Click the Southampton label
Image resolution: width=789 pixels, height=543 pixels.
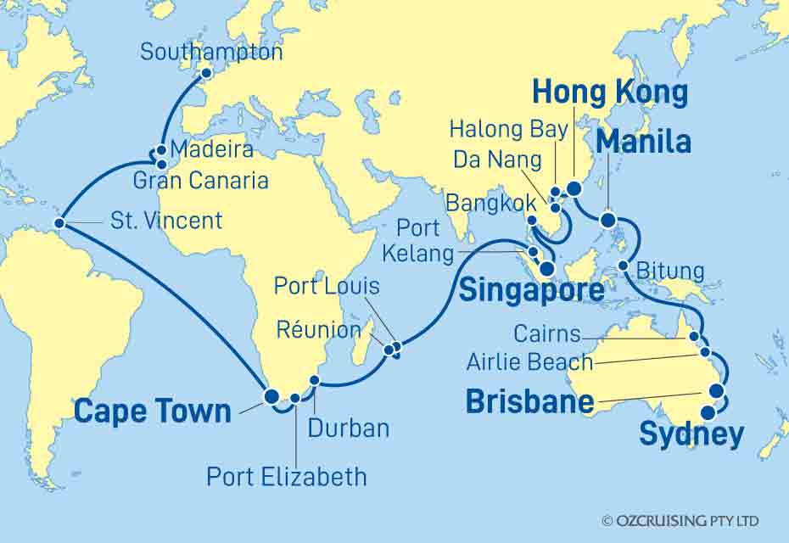pyautogui.click(x=211, y=52)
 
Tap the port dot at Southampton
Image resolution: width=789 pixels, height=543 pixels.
pyautogui.click(x=205, y=74)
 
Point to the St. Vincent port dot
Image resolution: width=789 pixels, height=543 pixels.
pyautogui.click(x=59, y=224)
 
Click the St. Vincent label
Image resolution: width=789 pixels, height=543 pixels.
pyautogui.click(x=166, y=221)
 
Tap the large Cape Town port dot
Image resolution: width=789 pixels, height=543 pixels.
pyautogui.click(x=271, y=396)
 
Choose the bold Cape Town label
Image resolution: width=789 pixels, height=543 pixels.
pyautogui.click(x=153, y=411)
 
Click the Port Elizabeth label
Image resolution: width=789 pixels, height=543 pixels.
pyautogui.click(x=287, y=476)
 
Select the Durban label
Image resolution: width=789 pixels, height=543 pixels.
pyautogui.click(x=350, y=428)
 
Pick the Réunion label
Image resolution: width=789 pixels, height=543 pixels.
pyautogui.click(x=322, y=327)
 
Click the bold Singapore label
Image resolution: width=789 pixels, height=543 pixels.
pyautogui.click(x=531, y=291)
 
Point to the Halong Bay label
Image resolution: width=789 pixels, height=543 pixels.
pyautogui.click(x=497, y=130)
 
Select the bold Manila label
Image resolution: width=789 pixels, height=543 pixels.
pyautogui.click(x=643, y=143)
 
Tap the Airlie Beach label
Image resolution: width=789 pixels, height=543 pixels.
pyautogui.click(x=530, y=362)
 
